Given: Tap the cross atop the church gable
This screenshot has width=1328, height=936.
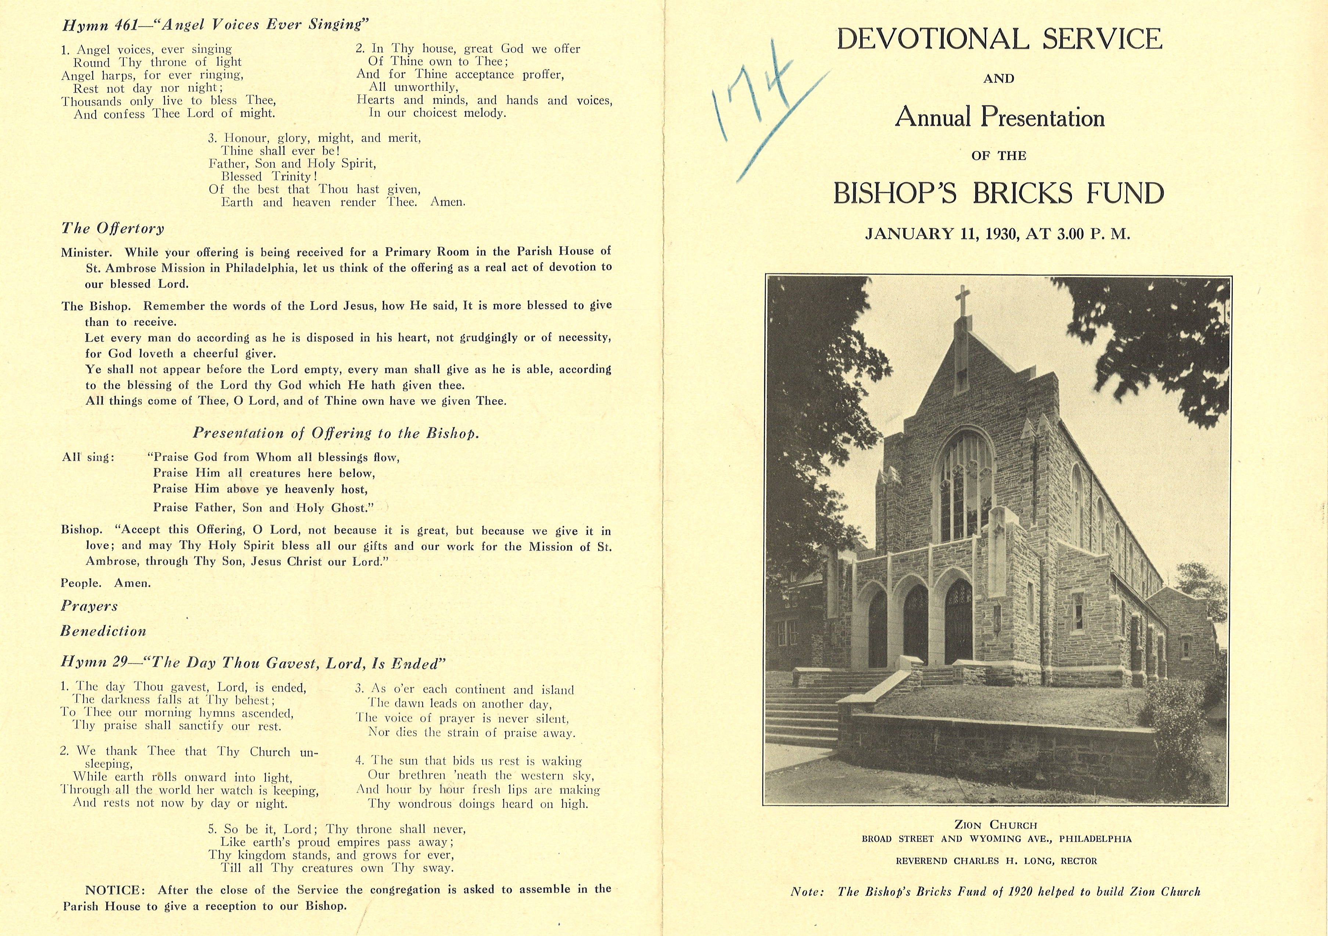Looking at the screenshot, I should click(962, 300).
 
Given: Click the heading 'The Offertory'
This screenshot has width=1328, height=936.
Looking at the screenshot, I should click(113, 228).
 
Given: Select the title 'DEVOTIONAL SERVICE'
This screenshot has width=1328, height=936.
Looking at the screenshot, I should click(999, 39).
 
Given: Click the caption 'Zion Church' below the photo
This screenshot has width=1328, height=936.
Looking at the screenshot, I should click(995, 825).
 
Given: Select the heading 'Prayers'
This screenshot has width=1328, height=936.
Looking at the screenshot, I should click(89, 606).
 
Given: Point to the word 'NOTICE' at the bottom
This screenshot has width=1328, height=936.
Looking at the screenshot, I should click(112, 890).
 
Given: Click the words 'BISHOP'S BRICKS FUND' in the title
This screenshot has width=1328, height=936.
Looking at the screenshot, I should click(998, 194).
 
